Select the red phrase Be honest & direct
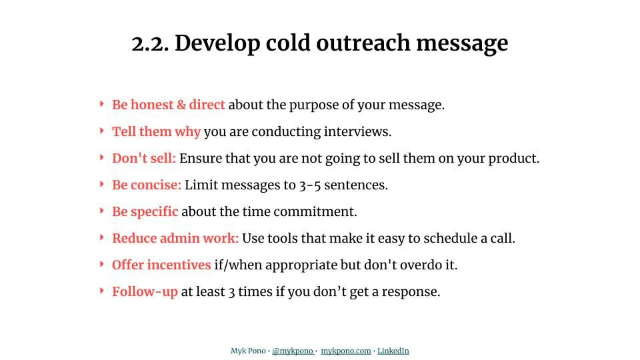(168, 105)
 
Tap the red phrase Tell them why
(156, 131)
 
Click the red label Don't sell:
(144, 158)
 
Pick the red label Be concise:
(147, 185)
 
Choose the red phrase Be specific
(145, 211)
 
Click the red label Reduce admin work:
(175, 238)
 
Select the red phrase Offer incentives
(161, 265)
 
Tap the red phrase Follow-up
(145, 291)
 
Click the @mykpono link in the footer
(293, 351)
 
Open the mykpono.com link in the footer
(345, 351)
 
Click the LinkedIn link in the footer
(393, 351)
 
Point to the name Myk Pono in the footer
(248, 351)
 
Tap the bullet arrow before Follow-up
(101, 291)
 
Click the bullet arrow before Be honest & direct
(101, 104)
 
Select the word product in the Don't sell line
(513, 158)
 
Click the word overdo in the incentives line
(422, 265)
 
